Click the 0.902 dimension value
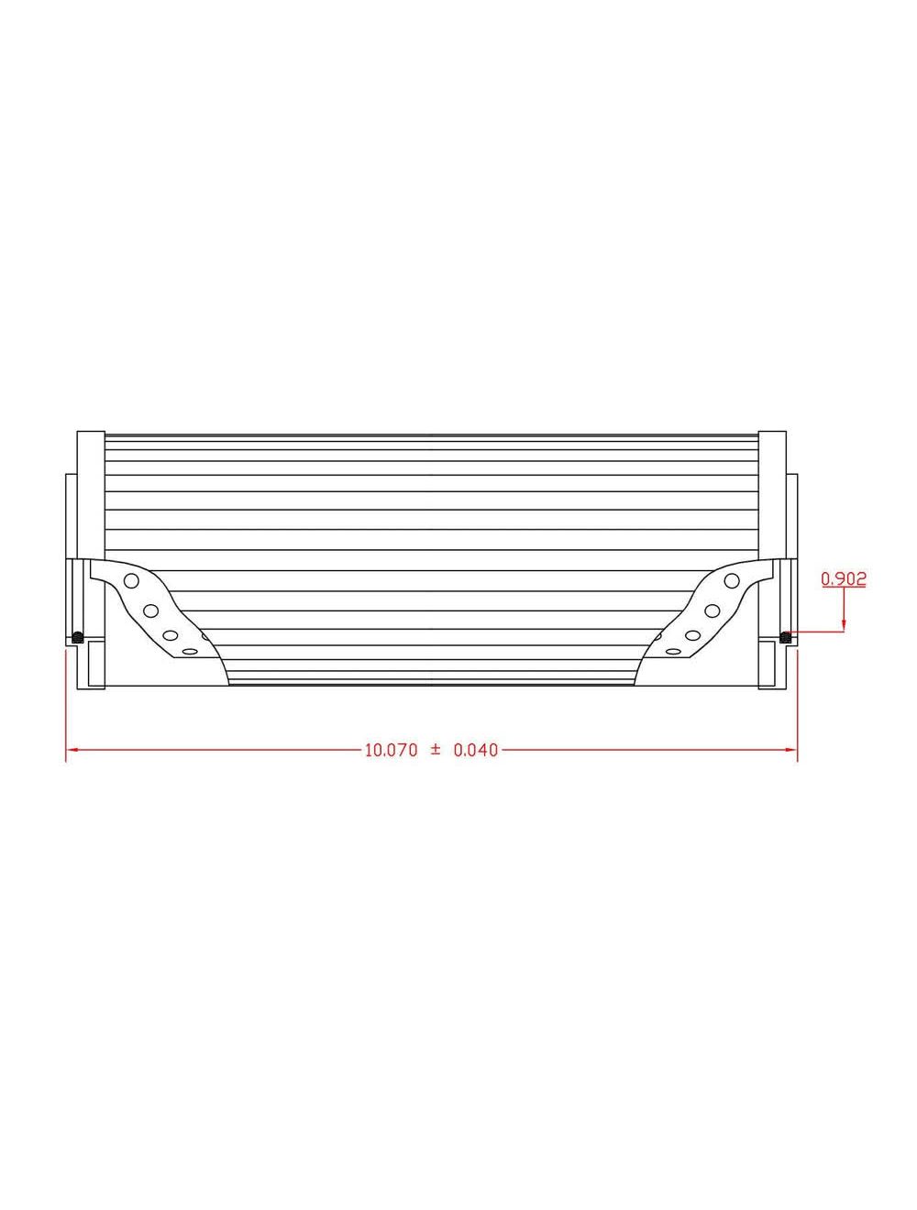(x=844, y=578)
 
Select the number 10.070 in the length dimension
(x=392, y=750)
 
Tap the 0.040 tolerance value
(x=476, y=750)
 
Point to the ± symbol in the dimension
(x=436, y=749)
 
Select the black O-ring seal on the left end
(x=78, y=637)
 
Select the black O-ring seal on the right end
(x=785, y=637)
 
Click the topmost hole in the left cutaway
(x=131, y=580)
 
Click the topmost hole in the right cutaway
(x=732, y=580)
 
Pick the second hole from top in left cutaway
(x=151, y=610)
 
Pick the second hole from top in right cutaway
(x=712, y=610)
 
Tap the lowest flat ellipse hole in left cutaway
(x=190, y=651)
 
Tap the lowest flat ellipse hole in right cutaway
(x=673, y=651)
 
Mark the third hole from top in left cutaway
(x=170, y=634)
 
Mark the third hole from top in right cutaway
(x=693, y=634)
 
